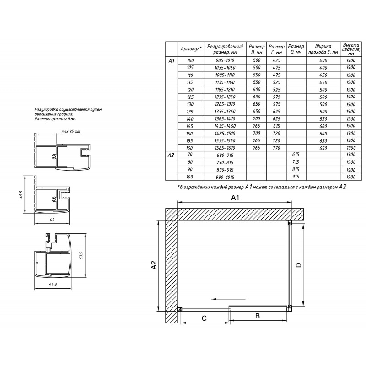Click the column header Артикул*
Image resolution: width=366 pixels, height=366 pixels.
(191, 49)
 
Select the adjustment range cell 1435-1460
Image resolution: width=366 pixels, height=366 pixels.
(225, 126)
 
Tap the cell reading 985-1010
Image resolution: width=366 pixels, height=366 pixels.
(225, 60)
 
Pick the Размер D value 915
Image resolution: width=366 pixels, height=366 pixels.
(296, 177)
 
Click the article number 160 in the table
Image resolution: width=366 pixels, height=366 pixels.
(189, 148)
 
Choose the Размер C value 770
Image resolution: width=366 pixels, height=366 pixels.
(276, 148)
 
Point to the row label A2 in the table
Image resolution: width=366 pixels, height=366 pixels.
(171, 155)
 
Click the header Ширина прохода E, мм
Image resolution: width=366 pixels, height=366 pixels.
(323, 49)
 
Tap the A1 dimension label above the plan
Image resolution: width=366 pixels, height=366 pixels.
(235, 198)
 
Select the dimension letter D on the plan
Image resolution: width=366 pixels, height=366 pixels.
(299, 265)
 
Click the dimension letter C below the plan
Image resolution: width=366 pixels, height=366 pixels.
(204, 318)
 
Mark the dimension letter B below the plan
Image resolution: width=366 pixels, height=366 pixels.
(258, 316)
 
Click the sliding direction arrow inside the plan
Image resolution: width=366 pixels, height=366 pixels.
(228, 299)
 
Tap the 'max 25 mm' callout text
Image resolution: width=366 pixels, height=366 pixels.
(71, 131)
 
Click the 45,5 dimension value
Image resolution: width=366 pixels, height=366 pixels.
(21, 194)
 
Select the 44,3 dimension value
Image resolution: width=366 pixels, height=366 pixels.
(53, 284)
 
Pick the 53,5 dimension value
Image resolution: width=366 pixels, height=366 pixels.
(81, 255)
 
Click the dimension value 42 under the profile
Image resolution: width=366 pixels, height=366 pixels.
(52, 220)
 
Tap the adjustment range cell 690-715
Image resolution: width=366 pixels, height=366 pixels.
(225, 155)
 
